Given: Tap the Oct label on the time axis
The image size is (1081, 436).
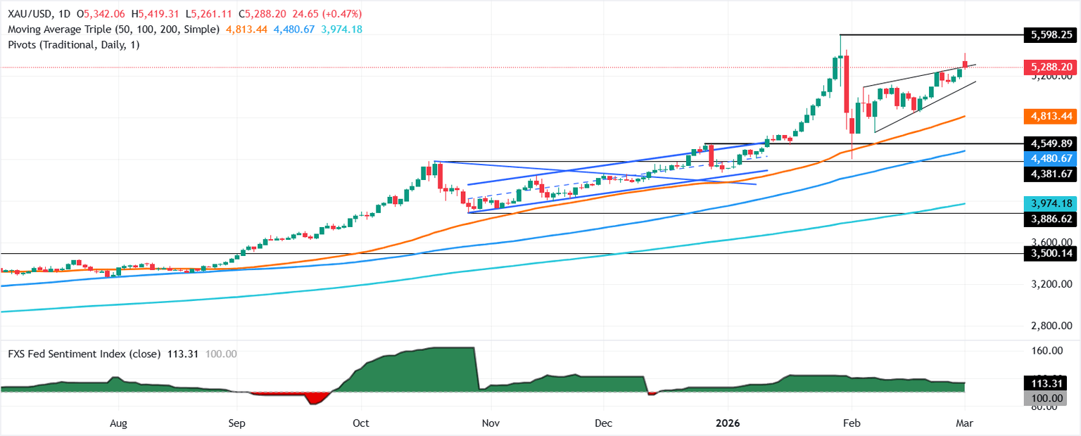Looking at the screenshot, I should click(x=360, y=423).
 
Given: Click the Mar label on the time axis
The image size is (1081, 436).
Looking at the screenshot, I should click(x=966, y=423).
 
